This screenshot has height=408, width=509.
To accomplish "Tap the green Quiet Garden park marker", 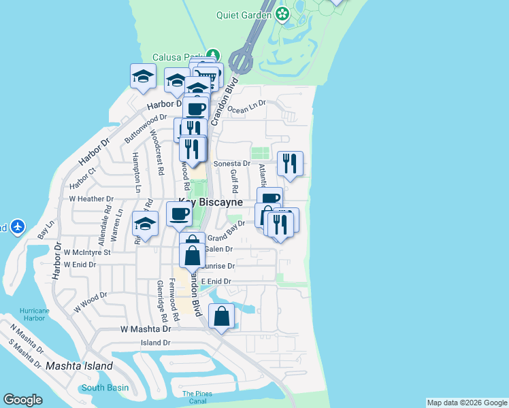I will coord(282,14).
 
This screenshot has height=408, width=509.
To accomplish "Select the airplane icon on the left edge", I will coord(17,226).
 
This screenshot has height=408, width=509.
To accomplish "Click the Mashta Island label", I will coord(79,366).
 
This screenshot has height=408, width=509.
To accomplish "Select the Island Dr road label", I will coord(155,343).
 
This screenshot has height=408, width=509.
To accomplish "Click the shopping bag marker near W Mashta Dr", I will coord(222,317).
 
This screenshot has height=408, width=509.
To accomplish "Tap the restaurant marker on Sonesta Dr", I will coord(290,163).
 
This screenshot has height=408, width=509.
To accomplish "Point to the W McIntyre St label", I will coord(87,252).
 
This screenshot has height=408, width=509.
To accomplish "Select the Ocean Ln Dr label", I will coord(248,109).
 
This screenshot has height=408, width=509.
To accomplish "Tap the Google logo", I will coord(23,400).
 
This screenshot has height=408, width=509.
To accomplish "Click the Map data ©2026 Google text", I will coord(467,403).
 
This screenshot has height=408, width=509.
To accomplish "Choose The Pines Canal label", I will coord(197,397).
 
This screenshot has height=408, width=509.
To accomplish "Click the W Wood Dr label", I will coord(91,301).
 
